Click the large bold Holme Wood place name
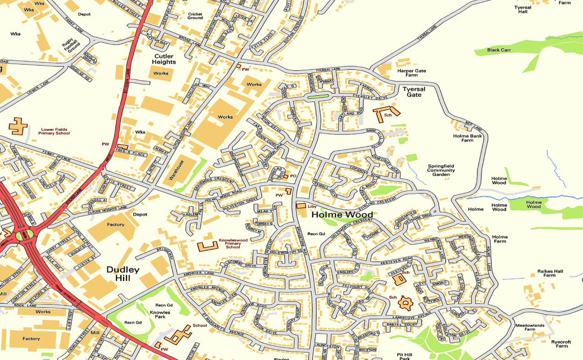[342, 214]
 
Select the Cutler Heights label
[164, 59]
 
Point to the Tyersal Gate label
[414, 92]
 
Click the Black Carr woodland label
[499, 50]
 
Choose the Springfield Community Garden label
[441, 170]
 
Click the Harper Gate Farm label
[412, 73]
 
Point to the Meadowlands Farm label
[525, 326]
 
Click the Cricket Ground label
[195, 16]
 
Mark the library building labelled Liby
[302, 206]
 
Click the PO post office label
[293, 176]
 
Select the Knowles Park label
[160, 315]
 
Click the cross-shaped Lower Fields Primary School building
[18, 126]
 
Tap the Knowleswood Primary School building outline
[207, 246]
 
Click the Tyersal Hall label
[523, 10]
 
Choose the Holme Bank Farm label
[467, 138]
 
